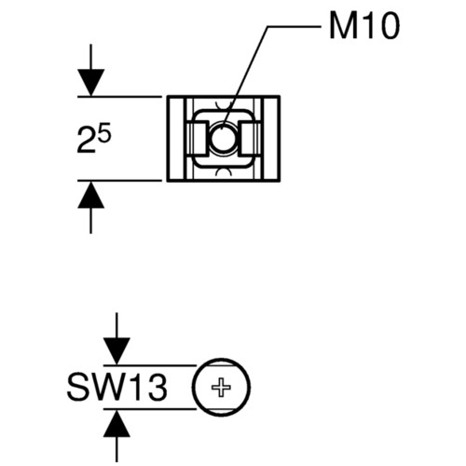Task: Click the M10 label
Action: pyautogui.click(x=364, y=27)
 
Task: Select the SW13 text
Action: pyautogui.click(x=117, y=387)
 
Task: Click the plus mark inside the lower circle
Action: pyautogui.click(x=221, y=388)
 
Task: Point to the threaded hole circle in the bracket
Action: pyautogui.click(x=223, y=138)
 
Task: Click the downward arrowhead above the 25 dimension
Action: pyautogui.click(x=90, y=82)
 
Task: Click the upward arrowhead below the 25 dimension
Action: pyautogui.click(x=90, y=195)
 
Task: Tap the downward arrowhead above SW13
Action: pyautogui.click(x=116, y=351)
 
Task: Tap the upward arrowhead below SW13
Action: pyautogui.click(x=116, y=424)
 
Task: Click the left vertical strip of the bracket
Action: pyautogui.click(x=177, y=139)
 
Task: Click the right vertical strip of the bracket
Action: pyautogui.click(x=270, y=139)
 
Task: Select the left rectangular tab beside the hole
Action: pyautogui.click(x=197, y=138)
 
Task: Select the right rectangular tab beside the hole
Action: pyautogui.click(x=250, y=138)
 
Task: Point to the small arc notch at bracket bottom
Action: pyautogui.click(x=224, y=171)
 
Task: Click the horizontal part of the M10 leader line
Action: pyautogui.click(x=294, y=27)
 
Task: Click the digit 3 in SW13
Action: pyautogui.click(x=158, y=388)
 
